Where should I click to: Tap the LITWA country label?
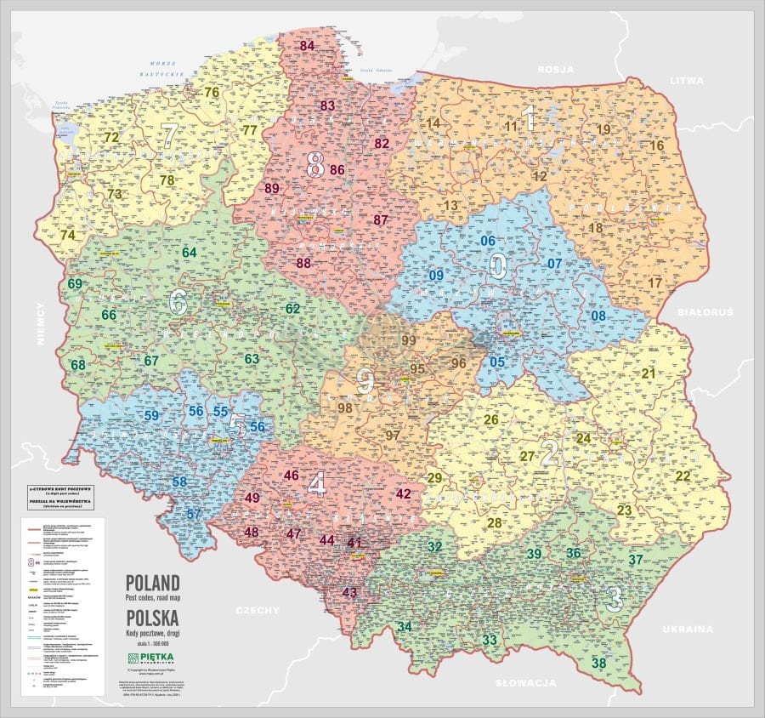click(687, 81)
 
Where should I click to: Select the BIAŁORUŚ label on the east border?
click(705, 313)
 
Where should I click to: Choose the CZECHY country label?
click(259, 610)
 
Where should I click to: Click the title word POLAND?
click(153, 584)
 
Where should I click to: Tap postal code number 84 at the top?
click(307, 46)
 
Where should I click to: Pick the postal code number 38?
click(599, 663)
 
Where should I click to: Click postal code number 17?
click(654, 282)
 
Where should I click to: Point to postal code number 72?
click(111, 137)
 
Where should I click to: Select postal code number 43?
click(349, 592)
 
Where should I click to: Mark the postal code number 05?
click(498, 362)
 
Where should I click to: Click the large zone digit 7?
click(169, 134)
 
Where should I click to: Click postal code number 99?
click(409, 340)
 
